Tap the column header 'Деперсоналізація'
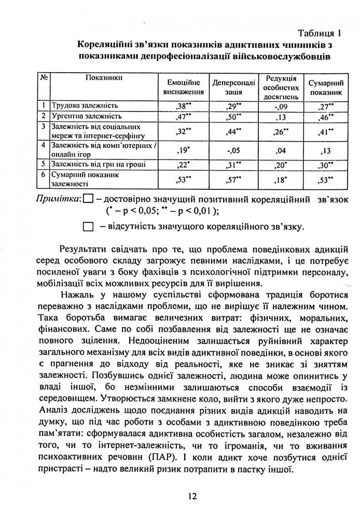coord(233,87)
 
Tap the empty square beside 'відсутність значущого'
coord(88,226)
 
